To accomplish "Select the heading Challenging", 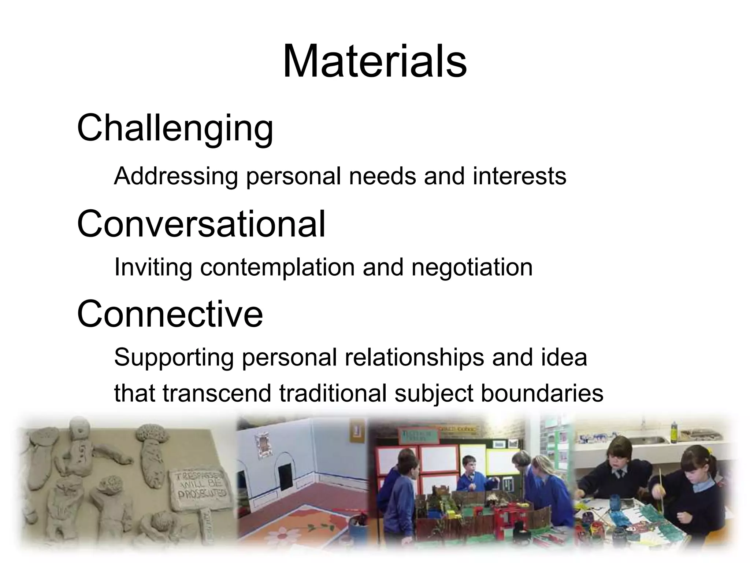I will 175,128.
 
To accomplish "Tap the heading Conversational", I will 201,224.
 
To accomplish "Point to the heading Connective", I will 170,314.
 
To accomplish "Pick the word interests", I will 519,176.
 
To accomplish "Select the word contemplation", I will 277,268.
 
